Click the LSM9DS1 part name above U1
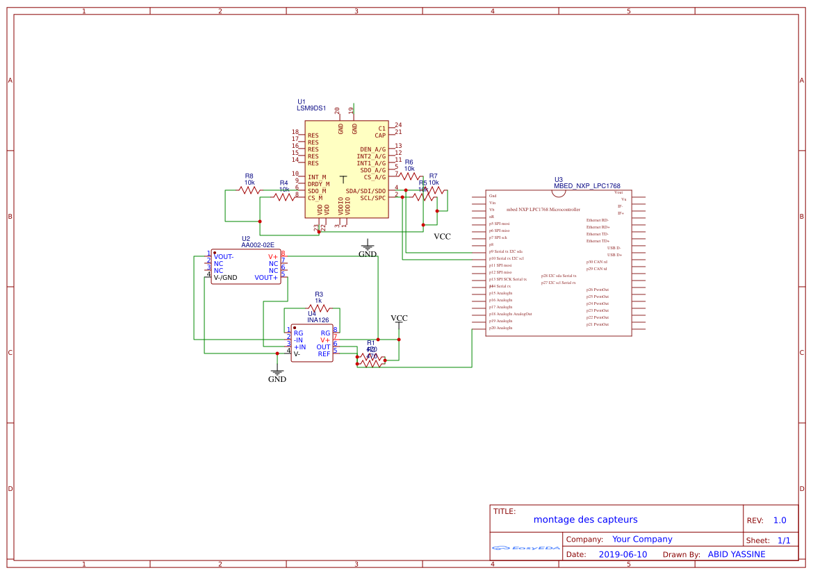[x=311, y=108]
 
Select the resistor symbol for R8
[x=249, y=190]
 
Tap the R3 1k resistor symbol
[x=318, y=308]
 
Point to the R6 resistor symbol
[x=409, y=176]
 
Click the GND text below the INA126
[x=277, y=379]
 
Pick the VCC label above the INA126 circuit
[x=399, y=318]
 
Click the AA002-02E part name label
[x=258, y=245]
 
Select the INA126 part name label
[x=319, y=320]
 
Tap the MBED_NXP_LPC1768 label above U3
[x=587, y=186]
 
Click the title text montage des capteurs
[x=585, y=519]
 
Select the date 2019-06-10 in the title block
[x=623, y=554]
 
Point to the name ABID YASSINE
[x=736, y=554]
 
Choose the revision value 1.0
[x=780, y=520]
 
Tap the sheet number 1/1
[x=784, y=540]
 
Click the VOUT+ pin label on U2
[x=266, y=278]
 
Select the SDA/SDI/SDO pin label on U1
[x=366, y=191]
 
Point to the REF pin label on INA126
[x=324, y=354]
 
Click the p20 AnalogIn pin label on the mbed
[x=500, y=328]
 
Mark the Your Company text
[x=642, y=539]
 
